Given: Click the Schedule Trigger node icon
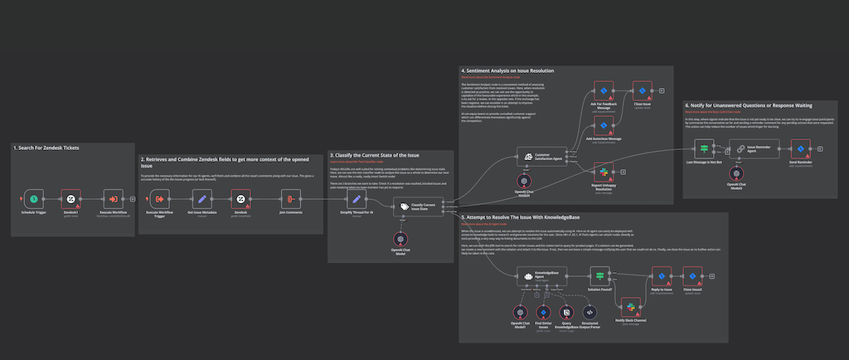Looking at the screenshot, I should pos(32,199).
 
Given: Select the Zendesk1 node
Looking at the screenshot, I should pos(71,199).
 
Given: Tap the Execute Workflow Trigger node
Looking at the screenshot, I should pos(158,199).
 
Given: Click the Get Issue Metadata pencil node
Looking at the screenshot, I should pos(200,199).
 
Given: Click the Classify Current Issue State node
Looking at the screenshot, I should pos(405,206).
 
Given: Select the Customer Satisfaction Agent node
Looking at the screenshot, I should pos(531,154).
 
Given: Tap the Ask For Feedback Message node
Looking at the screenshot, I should pos(604,90).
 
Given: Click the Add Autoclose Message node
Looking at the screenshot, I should pos(604,125).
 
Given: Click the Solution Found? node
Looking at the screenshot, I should pos(599,276).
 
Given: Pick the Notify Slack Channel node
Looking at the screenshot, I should pos(631,307).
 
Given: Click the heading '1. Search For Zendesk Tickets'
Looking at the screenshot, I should pos(46,147).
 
